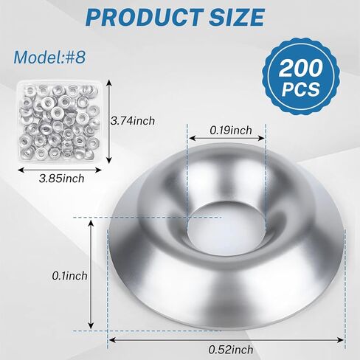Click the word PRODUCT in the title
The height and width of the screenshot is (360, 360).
click(x=145, y=17)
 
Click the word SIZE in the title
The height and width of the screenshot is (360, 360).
click(x=237, y=17)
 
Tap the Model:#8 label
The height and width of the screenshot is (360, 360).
click(x=49, y=58)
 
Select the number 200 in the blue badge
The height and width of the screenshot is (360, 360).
click(x=300, y=68)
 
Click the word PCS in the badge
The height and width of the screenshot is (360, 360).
click(x=301, y=89)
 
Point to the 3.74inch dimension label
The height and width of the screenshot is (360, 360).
click(x=133, y=121)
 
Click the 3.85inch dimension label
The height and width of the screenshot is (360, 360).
click(x=61, y=179)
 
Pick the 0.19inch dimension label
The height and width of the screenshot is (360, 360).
click(x=231, y=130)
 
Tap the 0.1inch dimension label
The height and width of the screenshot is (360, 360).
click(x=69, y=276)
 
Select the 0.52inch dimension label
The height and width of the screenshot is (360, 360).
click(x=231, y=350)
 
